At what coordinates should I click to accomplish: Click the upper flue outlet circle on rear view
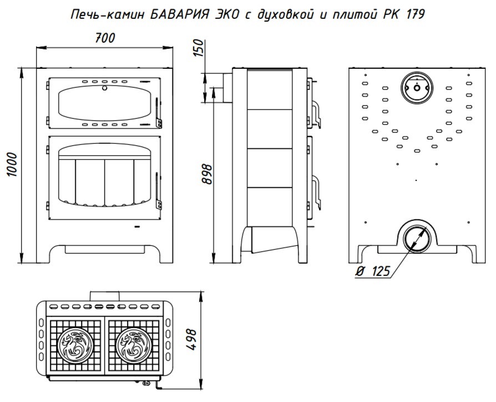(415, 88)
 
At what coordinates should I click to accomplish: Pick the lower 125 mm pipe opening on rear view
(415, 238)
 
